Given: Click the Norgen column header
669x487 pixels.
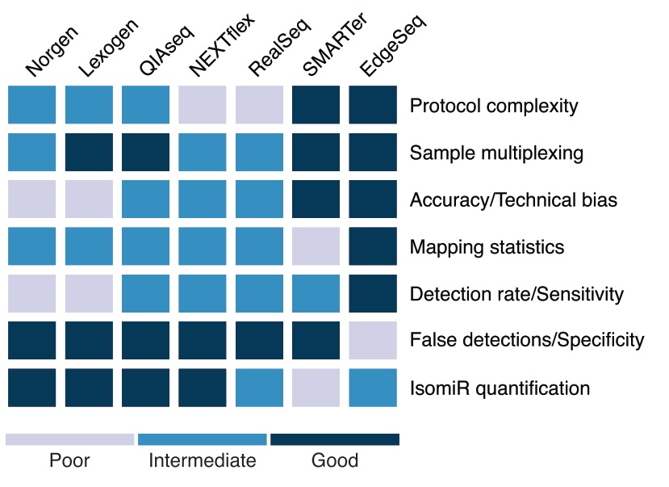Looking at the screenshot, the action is coord(52,51).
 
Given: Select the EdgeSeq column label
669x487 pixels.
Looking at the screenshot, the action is coord(393,45).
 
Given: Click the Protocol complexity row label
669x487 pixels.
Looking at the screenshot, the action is coord(494,106).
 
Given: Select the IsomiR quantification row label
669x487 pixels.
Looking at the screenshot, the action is coord(500,388).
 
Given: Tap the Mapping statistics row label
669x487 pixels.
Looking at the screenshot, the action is coord(487,247).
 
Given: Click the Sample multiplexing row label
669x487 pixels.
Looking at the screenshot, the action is coord(496,153).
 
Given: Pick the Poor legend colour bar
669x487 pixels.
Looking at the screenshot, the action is coord(69,439).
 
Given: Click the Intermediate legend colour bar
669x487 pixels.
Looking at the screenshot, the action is coord(203,439).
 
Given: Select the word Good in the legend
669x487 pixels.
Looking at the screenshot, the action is coord(335,460).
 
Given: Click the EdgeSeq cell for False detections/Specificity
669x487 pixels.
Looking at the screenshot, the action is coord(373,340).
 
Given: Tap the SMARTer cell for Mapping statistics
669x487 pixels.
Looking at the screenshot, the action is coord(316,246).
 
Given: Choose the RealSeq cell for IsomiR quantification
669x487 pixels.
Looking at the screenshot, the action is coord(259,388).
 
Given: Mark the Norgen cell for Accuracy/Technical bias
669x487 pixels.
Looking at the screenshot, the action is coord(31,199).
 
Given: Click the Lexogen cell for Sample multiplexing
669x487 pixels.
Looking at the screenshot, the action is coord(89,152).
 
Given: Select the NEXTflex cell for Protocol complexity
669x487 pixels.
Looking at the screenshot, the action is coord(203,104).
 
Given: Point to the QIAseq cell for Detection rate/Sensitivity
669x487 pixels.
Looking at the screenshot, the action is coord(145,293).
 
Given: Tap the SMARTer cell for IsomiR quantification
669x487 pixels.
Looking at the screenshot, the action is coord(316,388).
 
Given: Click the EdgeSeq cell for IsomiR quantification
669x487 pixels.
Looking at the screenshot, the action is coord(373,388).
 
